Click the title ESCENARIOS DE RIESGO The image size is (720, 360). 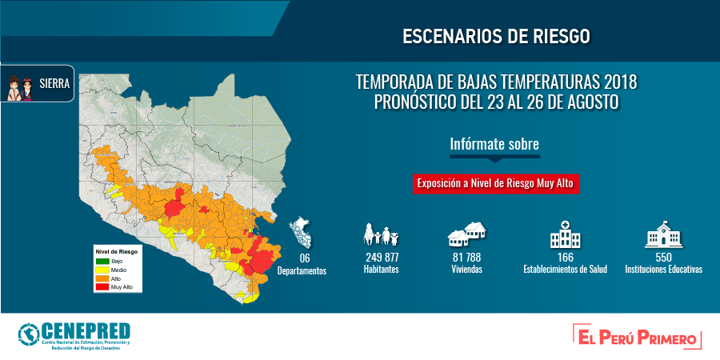496,36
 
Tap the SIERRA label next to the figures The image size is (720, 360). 55,84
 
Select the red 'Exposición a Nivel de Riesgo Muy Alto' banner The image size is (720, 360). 495,184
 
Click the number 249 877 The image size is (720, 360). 382,258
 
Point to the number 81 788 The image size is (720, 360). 466,258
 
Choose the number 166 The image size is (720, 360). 566,258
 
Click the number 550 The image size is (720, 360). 663,258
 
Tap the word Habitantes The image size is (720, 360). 381,270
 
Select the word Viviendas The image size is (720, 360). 467,270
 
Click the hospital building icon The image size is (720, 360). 566,234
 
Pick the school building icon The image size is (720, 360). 663,234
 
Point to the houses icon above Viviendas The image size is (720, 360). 467,234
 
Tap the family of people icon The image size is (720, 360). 381,234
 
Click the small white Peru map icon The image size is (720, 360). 299,233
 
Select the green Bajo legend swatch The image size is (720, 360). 102,261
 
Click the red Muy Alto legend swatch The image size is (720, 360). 102,287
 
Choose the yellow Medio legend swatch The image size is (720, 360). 102,270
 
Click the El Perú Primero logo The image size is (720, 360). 638,336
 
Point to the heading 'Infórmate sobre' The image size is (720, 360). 494,144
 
